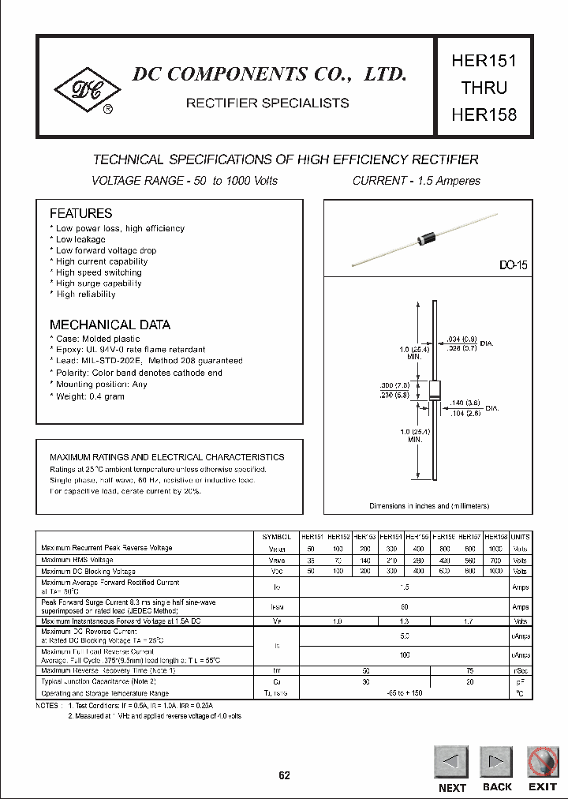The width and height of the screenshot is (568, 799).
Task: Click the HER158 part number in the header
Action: tap(484, 114)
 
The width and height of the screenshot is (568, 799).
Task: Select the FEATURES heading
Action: tap(80, 213)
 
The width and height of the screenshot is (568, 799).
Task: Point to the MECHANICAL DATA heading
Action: tap(110, 324)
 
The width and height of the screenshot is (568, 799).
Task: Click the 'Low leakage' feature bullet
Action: tap(80, 239)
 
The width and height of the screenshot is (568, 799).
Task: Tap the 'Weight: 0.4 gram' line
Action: tap(89, 396)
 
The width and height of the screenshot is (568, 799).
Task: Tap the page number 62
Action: tap(284, 775)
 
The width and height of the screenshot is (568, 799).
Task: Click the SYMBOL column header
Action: tap(276, 536)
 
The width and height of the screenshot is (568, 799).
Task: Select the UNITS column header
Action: tap(521, 536)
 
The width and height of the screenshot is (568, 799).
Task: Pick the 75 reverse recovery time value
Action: tap(469, 670)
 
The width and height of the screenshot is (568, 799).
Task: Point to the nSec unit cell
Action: tap(521, 670)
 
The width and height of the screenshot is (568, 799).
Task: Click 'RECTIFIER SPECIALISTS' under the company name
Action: tap(267, 103)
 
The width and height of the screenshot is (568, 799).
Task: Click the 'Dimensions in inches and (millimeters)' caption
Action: tap(429, 505)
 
